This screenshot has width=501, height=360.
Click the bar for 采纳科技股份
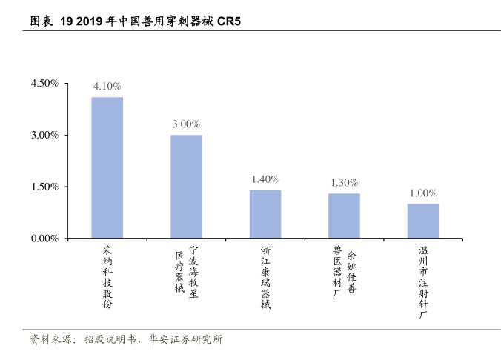click(x=107, y=167)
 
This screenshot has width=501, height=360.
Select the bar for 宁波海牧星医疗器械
click(x=186, y=187)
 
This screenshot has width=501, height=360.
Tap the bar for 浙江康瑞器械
click(x=265, y=214)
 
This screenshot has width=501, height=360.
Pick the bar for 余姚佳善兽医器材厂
click(x=344, y=216)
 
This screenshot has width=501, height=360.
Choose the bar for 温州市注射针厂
click(x=422, y=221)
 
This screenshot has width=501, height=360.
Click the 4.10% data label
click(x=107, y=87)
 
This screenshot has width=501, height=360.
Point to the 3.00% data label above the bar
click(x=186, y=124)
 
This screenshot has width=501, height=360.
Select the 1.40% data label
click(x=265, y=179)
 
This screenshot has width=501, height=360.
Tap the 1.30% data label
click(x=344, y=182)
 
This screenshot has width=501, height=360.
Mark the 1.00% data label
click(x=423, y=193)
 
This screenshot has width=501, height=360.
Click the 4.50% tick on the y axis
click(x=44, y=83)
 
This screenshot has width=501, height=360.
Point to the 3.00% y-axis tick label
click(x=44, y=135)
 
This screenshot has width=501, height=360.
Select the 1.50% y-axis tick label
click(x=44, y=187)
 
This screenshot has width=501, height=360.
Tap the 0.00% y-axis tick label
click(x=44, y=239)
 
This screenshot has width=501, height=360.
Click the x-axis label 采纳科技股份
click(x=107, y=278)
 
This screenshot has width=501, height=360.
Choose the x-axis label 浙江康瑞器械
click(x=265, y=278)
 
